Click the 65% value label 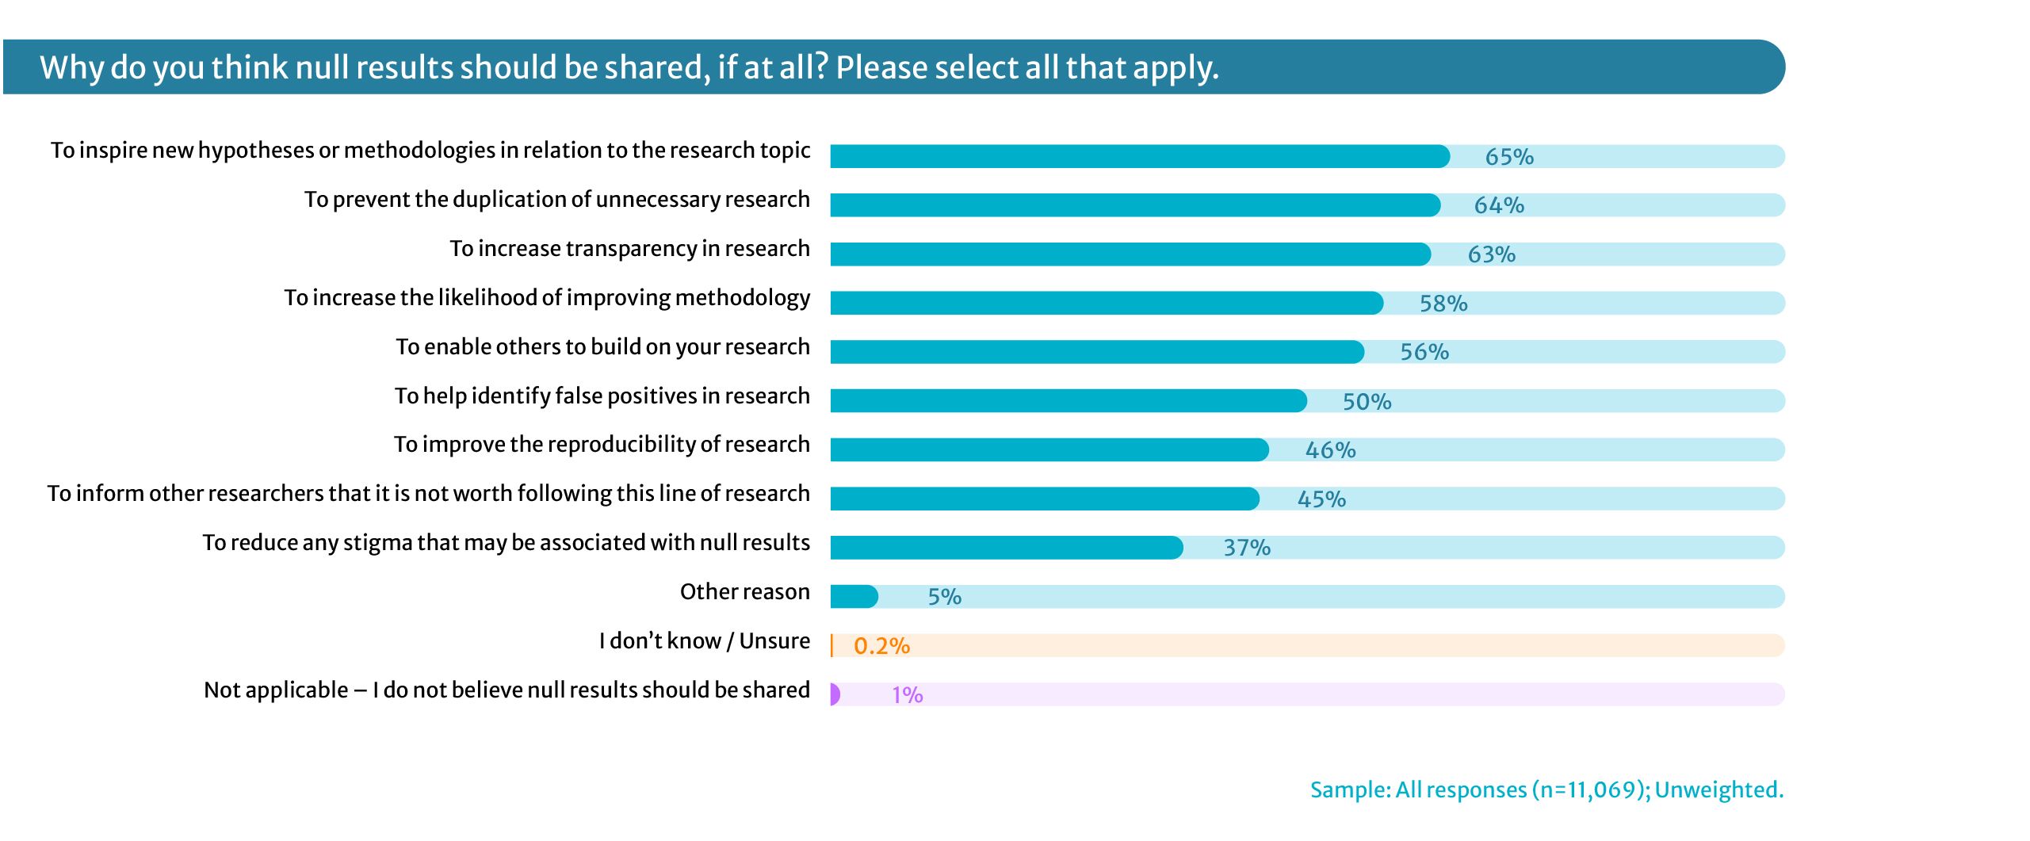1509,157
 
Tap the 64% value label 1499,205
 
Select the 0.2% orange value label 881,646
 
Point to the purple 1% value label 907,695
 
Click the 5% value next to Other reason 944,597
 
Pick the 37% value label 1247,548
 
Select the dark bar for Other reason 854,597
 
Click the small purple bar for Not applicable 835,694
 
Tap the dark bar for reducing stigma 1006,548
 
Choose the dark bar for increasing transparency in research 1130,254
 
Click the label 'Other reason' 744,592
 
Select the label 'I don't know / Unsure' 704,640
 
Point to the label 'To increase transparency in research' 629,249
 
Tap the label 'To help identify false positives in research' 602,396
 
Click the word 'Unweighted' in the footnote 1718,790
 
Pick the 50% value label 1367,402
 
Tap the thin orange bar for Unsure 831,646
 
